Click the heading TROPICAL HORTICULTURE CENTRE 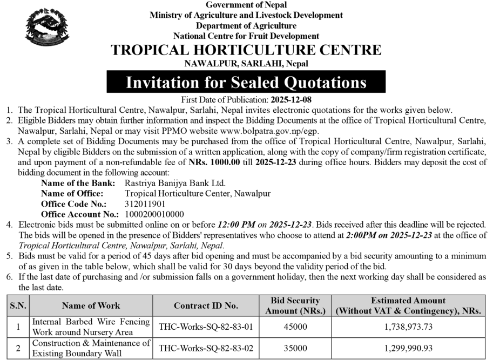coord(246,51)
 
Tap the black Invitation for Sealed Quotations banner coord(246,83)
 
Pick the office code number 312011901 coord(145,204)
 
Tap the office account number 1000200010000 coord(154,214)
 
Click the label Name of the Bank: coord(78,184)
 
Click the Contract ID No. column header coord(206,306)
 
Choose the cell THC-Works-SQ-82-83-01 coord(206,327)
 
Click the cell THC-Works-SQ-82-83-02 coord(206,348)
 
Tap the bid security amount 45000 coord(295,327)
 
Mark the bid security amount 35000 coord(295,348)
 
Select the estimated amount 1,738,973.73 coord(408,327)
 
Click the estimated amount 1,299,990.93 coord(408,348)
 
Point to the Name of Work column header coord(91,306)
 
